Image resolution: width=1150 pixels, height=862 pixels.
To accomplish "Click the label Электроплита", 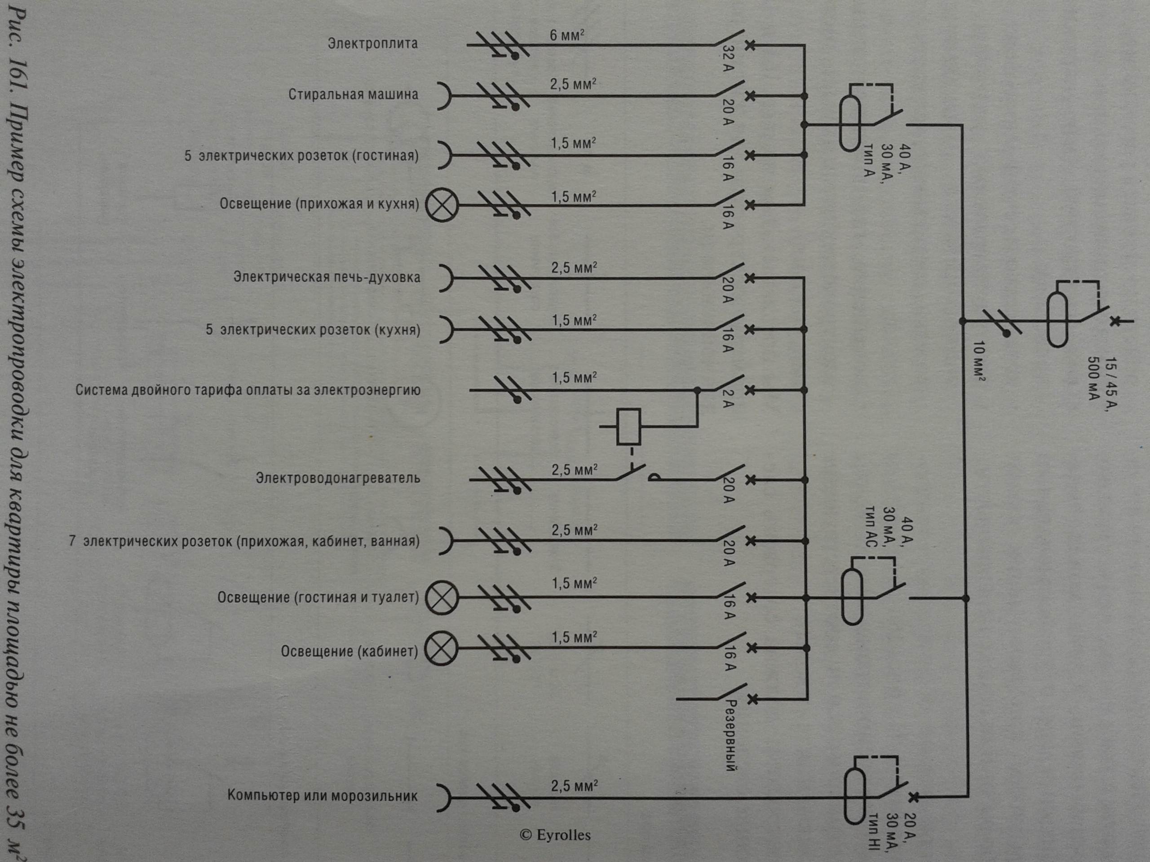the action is click(x=372, y=43).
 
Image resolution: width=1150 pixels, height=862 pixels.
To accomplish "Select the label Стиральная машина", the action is click(x=353, y=95).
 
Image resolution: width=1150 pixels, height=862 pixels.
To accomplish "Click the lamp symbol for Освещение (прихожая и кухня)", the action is click(x=442, y=205).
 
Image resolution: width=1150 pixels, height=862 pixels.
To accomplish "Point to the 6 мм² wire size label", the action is click(x=566, y=35).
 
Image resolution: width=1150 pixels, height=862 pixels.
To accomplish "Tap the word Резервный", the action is click(x=731, y=735).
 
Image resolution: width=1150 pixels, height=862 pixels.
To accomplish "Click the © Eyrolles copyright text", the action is click(x=555, y=835).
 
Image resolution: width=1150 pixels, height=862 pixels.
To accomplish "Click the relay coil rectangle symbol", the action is click(x=628, y=427).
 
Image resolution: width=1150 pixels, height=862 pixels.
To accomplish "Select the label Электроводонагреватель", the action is click(x=337, y=478).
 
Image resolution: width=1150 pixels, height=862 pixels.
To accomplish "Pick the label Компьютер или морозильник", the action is click(x=323, y=796).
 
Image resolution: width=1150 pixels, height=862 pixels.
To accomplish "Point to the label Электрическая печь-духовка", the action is click(x=327, y=277).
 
